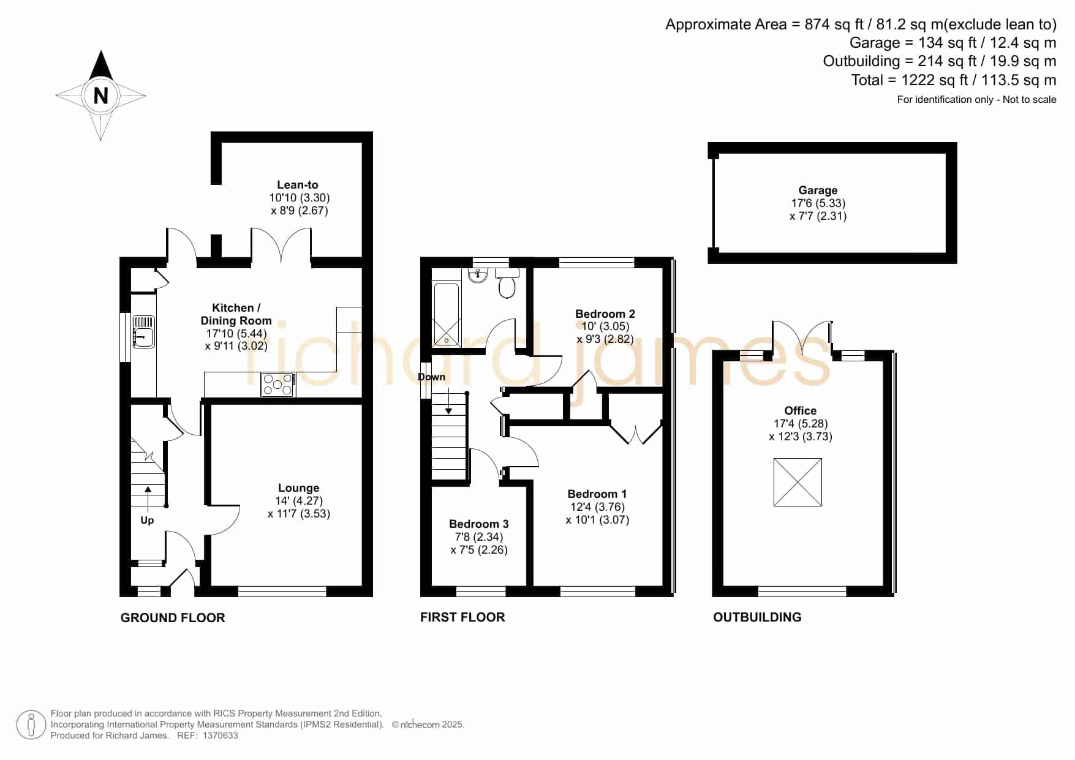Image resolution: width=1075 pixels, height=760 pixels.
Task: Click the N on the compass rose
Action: (100, 96)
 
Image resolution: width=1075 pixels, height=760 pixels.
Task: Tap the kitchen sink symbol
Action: (143, 332)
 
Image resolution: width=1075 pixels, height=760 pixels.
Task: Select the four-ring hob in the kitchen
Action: (279, 385)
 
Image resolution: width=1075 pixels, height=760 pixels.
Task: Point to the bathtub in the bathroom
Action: (446, 315)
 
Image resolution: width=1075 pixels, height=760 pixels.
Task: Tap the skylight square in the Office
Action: (798, 482)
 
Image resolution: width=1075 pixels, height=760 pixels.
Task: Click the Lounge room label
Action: (299, 488)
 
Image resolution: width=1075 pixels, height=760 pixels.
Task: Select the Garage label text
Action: (818, 190)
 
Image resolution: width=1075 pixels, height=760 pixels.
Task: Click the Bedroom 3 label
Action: (479, 524)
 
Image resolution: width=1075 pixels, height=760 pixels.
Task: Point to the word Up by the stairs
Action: (147, 521)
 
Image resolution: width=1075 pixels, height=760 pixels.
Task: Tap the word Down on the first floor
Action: (432, 377)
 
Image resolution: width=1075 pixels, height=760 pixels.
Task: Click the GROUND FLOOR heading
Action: (173, 618)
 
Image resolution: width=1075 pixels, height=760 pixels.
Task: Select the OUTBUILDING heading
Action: (757, 617)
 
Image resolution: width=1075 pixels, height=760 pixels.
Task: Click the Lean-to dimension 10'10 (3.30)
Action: (300, 198)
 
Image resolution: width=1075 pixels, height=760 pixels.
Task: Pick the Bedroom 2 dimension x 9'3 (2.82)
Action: (605, 339)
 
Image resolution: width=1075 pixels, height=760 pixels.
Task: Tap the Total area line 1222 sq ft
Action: (954, 80)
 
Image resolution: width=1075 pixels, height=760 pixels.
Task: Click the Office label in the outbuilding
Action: (801, 411)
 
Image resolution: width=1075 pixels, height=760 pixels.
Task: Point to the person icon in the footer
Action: (31, 725)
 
